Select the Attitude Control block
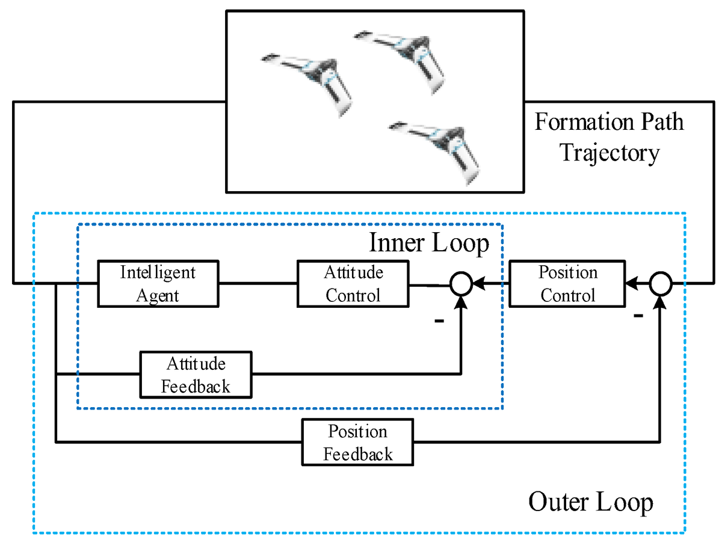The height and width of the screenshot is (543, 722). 353,283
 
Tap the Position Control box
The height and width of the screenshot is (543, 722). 567,283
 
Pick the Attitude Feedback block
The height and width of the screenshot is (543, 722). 196,374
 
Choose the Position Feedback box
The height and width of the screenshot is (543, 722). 357,442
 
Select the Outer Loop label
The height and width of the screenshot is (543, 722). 590,501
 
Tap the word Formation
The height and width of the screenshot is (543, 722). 576,122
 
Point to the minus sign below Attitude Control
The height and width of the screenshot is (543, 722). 439,322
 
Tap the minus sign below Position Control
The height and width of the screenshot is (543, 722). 638,316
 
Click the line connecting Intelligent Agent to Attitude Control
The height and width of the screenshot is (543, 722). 258,283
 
